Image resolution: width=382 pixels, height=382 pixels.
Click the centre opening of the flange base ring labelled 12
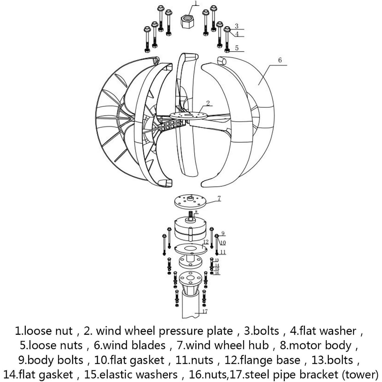(x=191, y=248)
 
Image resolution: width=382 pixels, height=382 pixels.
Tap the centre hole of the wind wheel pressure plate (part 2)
(x=189, y=115)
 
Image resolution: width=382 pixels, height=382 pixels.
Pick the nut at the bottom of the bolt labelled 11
(x=217, y=253)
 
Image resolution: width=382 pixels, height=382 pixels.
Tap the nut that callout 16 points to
(x=212, y=273)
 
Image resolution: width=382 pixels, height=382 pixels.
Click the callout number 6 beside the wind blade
(x=280, y=60)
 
